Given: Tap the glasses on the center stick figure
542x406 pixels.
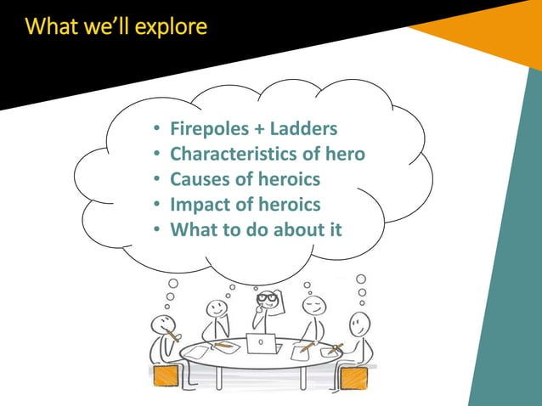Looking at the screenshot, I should pyautogui.click(x=268, y=298).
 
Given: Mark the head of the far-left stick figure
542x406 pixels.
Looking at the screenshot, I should pyautogui.click(x=161, y=324).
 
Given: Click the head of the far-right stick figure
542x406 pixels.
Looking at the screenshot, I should pyautogui.click(x=360, y=324).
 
